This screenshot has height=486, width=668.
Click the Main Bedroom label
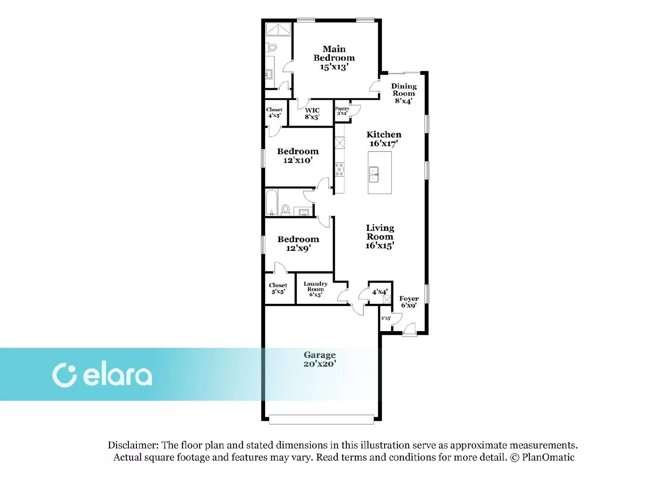click(x=334, y=58)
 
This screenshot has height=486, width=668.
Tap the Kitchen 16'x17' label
click(x=384, y=139)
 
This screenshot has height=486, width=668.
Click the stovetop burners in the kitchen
click(x=340, y=170)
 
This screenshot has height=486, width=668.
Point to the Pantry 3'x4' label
click(x=342, y=111)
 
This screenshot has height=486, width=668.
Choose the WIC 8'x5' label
click(x=312, y=114)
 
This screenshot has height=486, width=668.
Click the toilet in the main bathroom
click(x=272, y=47)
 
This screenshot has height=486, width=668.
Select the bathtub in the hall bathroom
click(x=272, y=202)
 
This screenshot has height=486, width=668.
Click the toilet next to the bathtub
click(x=286, y=210)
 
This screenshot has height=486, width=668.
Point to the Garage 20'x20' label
click(x=320, y=359)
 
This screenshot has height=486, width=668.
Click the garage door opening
click(x=321, y=419)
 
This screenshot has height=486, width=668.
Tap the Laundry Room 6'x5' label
click(x=316, y=289)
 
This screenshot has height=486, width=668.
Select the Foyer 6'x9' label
click(x=409, y=302)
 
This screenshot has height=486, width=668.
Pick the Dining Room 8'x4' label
click(x=404, y=94)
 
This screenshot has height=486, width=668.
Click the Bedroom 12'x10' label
click(x=298, y=156)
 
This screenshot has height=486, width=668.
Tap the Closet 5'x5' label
click(x=278, y=289)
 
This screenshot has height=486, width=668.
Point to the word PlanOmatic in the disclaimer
click(x=548, y=457)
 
